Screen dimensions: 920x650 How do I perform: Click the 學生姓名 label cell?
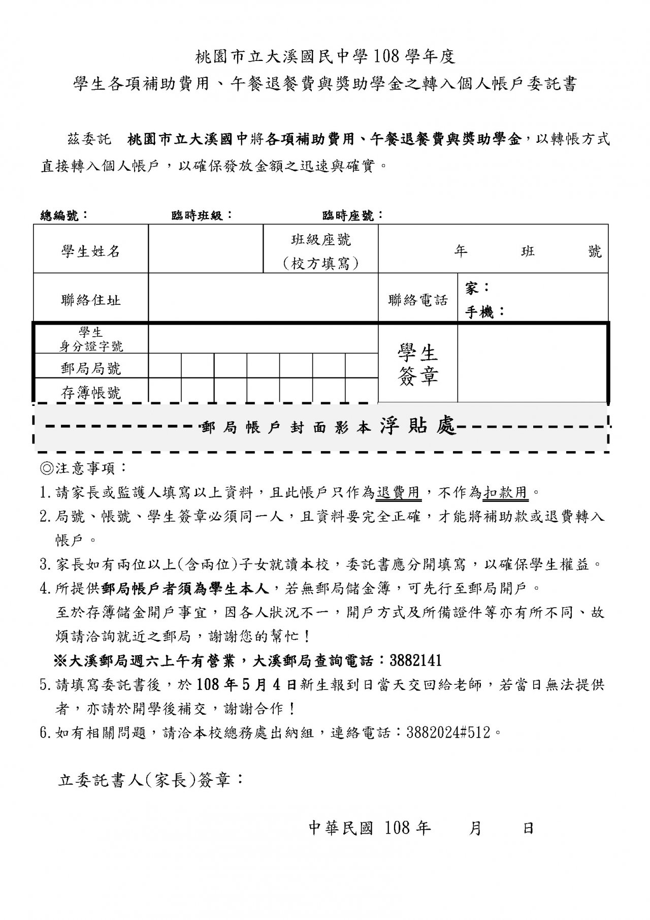point(91,251)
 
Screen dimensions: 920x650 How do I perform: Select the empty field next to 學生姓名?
point(206,249)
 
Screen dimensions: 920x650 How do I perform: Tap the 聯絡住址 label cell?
point(91,300)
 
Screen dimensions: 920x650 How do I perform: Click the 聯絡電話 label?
point(418,300)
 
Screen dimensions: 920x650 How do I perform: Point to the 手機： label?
point(485,312)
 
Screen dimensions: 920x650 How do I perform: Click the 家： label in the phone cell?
point(477,288)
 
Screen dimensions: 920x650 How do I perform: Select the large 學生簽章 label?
point(418,364)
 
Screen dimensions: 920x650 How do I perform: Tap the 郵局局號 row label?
point(91,368)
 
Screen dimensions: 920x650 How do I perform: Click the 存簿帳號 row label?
point(91,392)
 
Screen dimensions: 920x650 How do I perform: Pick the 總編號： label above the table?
point(64,215)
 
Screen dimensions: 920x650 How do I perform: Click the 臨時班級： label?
point(202,215)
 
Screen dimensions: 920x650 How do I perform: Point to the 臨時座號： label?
point(353,215)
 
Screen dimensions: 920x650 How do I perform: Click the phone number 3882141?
point(415,660)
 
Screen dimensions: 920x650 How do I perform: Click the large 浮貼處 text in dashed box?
point(418,427)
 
